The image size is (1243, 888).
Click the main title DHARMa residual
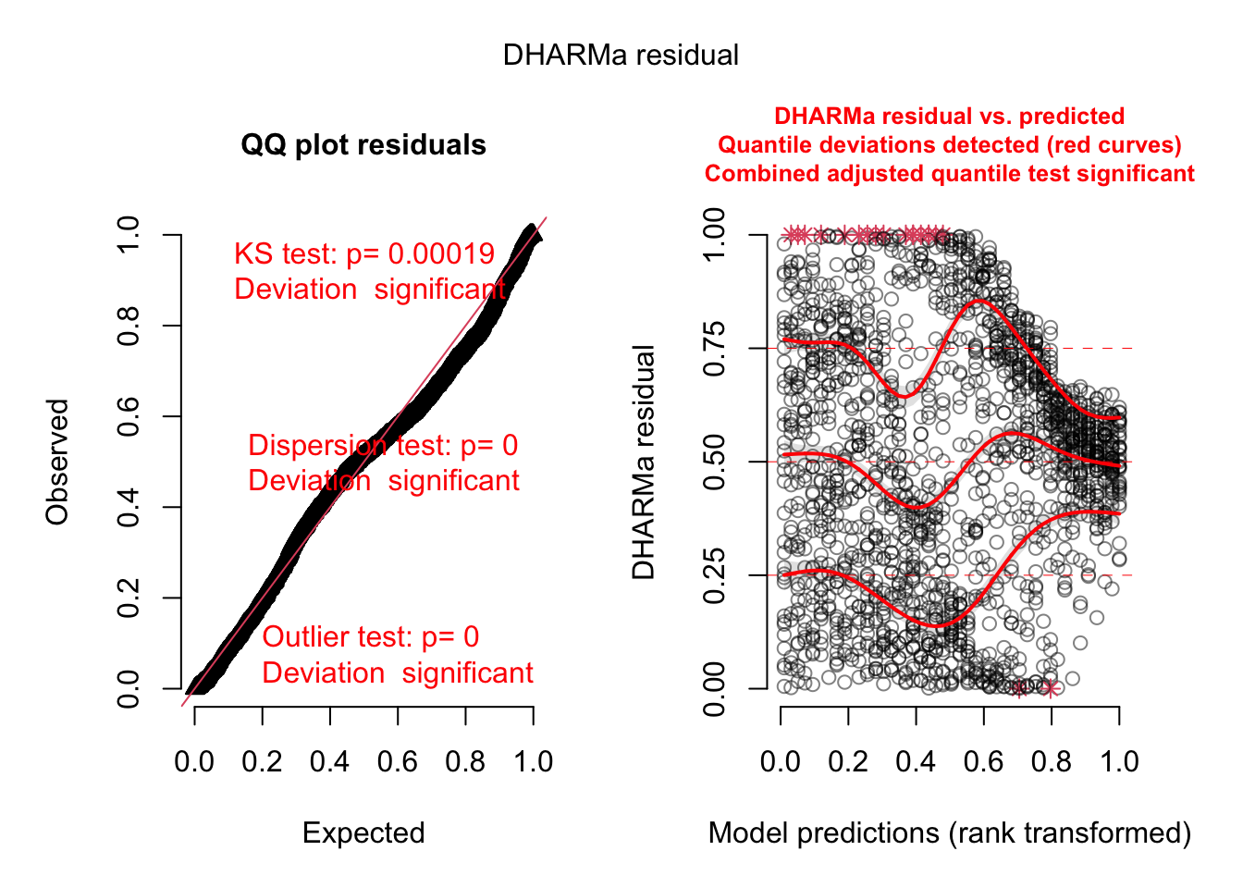(621, 55)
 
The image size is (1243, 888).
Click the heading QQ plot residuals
(363, 145)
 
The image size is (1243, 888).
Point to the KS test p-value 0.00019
(441, 254)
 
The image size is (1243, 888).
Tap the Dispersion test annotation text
(383, 462)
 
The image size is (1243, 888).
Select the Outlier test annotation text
(397, 654)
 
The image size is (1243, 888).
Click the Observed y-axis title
(57, 462)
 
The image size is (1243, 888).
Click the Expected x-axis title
(363, 832)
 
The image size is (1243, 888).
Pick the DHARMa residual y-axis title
(644, 462)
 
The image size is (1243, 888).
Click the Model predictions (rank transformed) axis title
(949, 832)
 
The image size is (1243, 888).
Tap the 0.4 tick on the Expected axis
(330, 761)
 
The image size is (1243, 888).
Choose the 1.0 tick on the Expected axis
(534, 761)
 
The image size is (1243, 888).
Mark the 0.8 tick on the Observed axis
(129, 326)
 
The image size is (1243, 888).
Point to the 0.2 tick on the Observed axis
(129, 598)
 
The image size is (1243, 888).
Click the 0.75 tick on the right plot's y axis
(714, 349)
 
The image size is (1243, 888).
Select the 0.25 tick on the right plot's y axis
(714, 575)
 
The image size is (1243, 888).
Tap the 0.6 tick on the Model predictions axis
(984, 761)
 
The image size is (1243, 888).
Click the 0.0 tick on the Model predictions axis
(781, 761)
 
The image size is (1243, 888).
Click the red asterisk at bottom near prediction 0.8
(1050, 688)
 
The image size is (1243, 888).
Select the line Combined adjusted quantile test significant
(949, 174)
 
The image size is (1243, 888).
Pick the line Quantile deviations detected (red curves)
(949, 145)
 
